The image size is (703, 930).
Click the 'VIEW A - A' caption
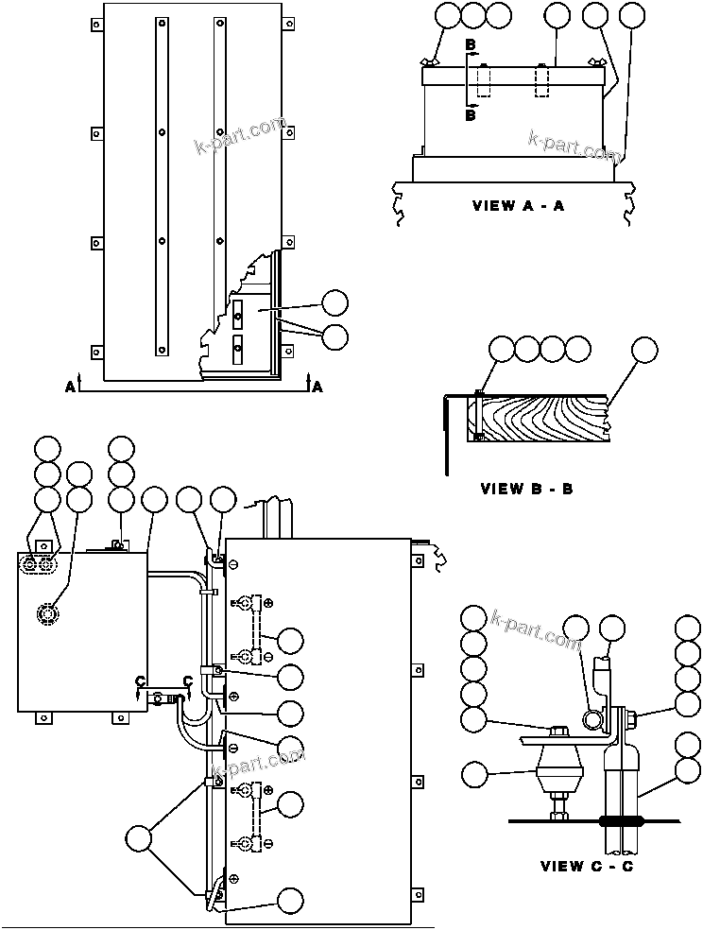(518, 205)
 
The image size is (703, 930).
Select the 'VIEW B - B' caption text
(526, 489)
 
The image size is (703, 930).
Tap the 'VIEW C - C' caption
(586, 866)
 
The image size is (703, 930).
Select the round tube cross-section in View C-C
(592, 721)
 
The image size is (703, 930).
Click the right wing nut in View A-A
(595, 62)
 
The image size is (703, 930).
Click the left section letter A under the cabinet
(71, 386)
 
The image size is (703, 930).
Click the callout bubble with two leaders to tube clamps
(141, 838)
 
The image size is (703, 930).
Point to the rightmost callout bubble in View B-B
(644, 349)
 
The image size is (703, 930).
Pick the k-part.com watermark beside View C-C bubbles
(535, 629)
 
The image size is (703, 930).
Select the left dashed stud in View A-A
(485, 80)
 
